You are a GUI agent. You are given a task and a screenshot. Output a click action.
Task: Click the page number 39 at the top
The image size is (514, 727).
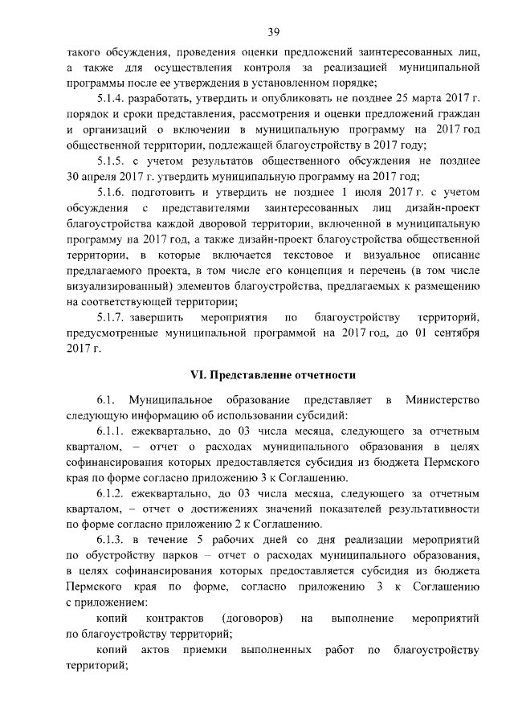coord(273,32)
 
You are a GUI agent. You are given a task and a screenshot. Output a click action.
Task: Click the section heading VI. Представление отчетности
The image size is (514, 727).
coord(272,374)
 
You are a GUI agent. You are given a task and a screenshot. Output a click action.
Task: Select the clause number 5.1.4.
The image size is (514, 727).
coord(112,98)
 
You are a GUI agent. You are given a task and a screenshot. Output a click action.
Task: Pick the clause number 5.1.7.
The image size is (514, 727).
coord(112,317)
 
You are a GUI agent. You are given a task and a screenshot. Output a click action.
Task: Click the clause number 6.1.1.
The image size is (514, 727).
coord(112,431)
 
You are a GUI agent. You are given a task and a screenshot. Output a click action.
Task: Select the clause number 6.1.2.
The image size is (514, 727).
coord(112,492)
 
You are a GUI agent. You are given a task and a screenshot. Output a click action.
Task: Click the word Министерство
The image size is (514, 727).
coord(443,399)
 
